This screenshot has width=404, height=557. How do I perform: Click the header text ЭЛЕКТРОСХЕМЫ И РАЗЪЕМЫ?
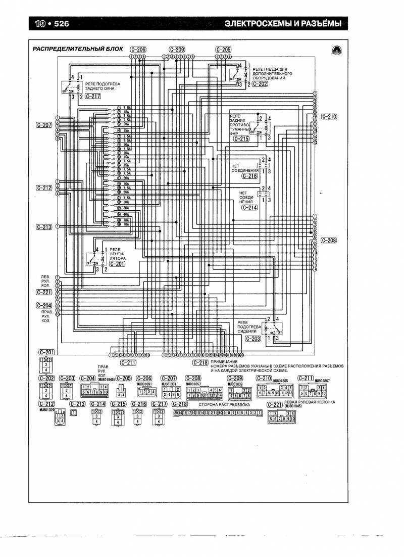point(279,24)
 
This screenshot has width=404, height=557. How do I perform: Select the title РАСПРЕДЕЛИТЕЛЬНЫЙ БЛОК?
point(77,50)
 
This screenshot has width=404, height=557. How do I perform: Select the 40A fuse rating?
point(126,214)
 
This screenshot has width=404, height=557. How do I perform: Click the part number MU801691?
point(144,384)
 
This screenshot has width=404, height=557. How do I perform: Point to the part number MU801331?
point(169,384)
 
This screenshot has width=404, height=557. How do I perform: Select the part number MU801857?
point(194,384)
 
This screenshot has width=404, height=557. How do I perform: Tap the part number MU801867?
point(323,380)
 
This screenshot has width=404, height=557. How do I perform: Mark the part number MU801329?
point(47,409)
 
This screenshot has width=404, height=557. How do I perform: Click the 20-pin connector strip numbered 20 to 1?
point(218,413)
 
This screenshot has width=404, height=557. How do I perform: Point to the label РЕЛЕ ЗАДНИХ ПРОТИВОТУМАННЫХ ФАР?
point(239,125)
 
